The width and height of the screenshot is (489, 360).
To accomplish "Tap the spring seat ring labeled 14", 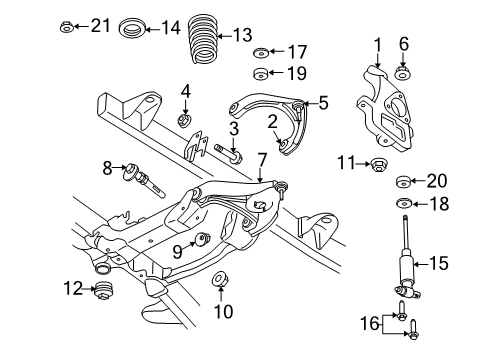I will click(130, 27).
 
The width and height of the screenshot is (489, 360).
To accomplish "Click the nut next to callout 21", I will click(66, 27).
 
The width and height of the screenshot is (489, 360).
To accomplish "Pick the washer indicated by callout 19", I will click(261, 72).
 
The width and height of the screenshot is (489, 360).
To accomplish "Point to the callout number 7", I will click(260, 158).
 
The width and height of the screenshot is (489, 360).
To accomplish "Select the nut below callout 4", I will click(185, 122).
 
